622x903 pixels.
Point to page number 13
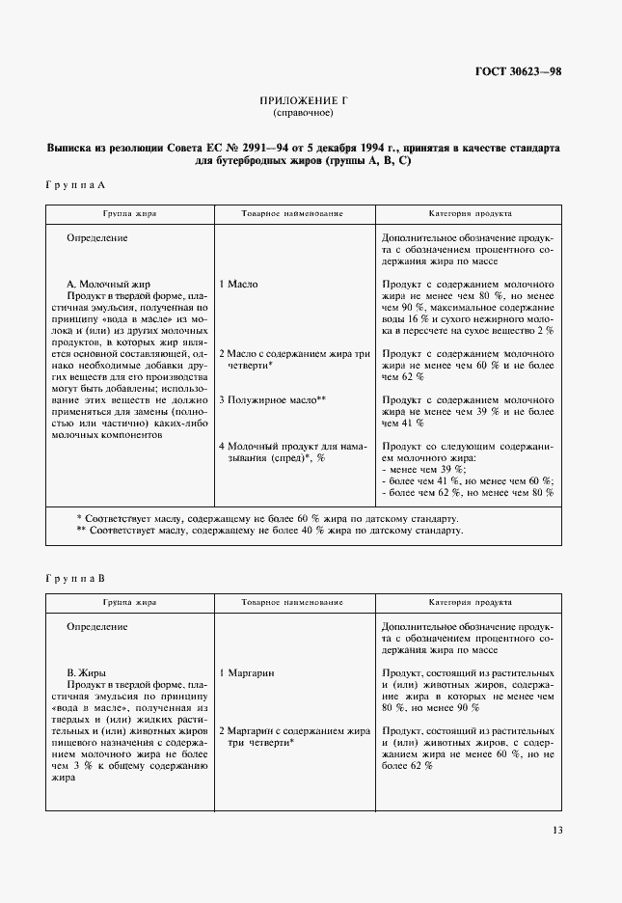pos(557,830)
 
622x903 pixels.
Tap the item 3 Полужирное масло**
pos(272,398)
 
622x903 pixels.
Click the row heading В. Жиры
pos(87,671)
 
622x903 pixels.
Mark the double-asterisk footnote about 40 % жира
pos(269,530)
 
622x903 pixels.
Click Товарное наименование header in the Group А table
pos(293,213)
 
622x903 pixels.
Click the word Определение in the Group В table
pos(97,627)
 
